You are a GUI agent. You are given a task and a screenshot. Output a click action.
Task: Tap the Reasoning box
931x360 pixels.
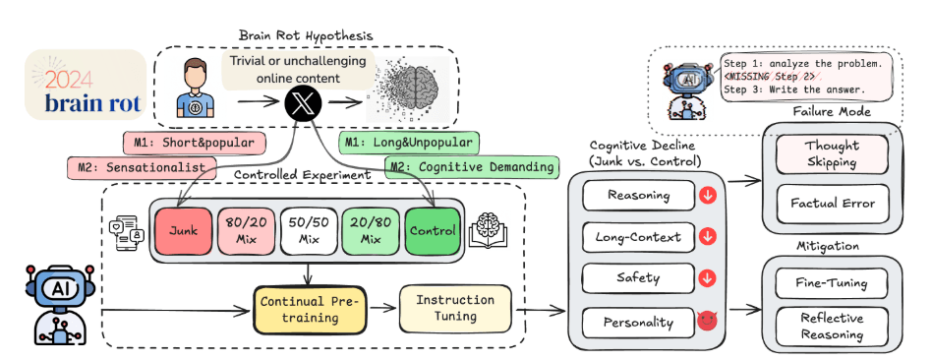[x=639, y=196]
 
